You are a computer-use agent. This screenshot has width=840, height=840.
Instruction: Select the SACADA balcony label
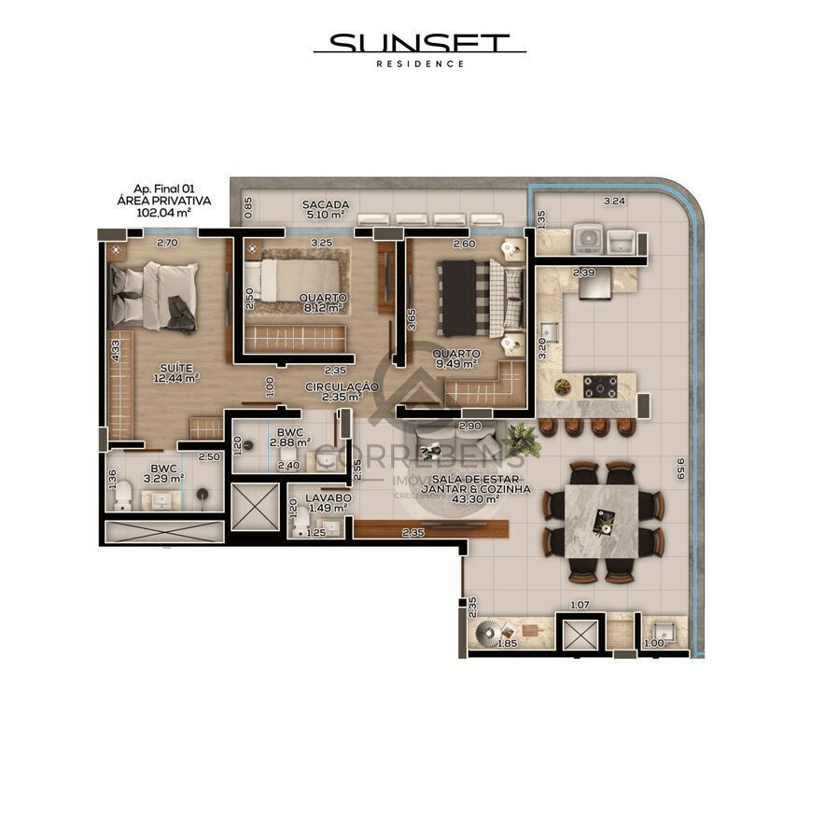tap(326, 204)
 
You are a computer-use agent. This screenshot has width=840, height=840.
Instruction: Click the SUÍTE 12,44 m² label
tap(177, 372)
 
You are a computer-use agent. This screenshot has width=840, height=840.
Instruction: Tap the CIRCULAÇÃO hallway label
tap(342, 386)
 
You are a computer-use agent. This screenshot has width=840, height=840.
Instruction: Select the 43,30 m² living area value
tap(475, 499)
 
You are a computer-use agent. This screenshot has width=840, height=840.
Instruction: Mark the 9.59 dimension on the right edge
tap(681, 467)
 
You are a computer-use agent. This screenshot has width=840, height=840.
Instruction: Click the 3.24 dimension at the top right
tap(613, 201)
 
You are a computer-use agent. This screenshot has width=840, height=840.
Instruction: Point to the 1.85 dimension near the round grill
tap(507, 644)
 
